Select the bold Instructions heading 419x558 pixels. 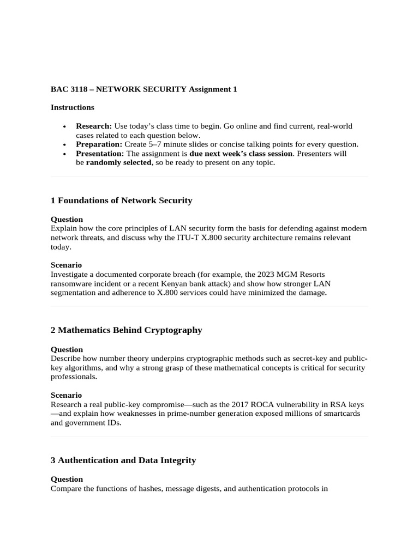(x=72, y=107)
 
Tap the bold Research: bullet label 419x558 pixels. (x=94, y=126)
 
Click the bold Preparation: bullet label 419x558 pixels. (x=99, y=144)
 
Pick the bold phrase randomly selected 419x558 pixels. (x=118, y=163)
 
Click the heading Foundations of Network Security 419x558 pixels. (x=125, y=201)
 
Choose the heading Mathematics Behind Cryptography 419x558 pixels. (x=130, y=330)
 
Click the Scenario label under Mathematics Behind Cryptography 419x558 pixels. (x=66, y=395)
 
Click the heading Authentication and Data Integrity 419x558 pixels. (x=127, y=460)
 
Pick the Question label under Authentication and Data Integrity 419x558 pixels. (x=67, y=479)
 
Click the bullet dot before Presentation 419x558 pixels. (x=65, y=154)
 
